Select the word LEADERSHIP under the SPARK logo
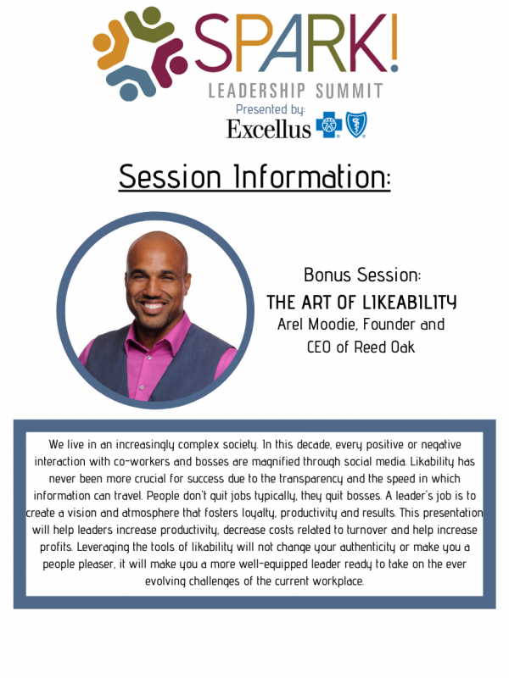[257, 92]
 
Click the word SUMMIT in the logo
[350, 92]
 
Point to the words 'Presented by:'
[271, 110]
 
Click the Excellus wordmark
[269, 129]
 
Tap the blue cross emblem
[329, 125]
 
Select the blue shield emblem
[356, 125]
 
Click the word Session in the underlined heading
[171, 176]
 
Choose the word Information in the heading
[311, 176]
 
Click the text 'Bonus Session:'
[362, 275]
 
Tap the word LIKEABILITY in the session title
[409, 303]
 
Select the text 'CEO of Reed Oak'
[361, 347]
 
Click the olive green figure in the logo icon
[143, 25]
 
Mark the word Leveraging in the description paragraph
[103, 547]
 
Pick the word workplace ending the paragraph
[338, 581]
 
